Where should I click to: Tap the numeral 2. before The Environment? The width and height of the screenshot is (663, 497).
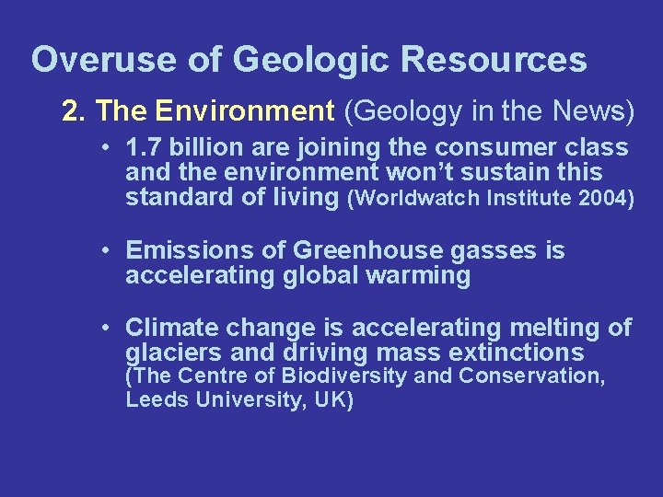[x=74, y=111]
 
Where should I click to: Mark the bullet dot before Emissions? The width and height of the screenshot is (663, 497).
[x=108, y=250]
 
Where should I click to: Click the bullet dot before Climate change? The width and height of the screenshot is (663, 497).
[x=108, y=328]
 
